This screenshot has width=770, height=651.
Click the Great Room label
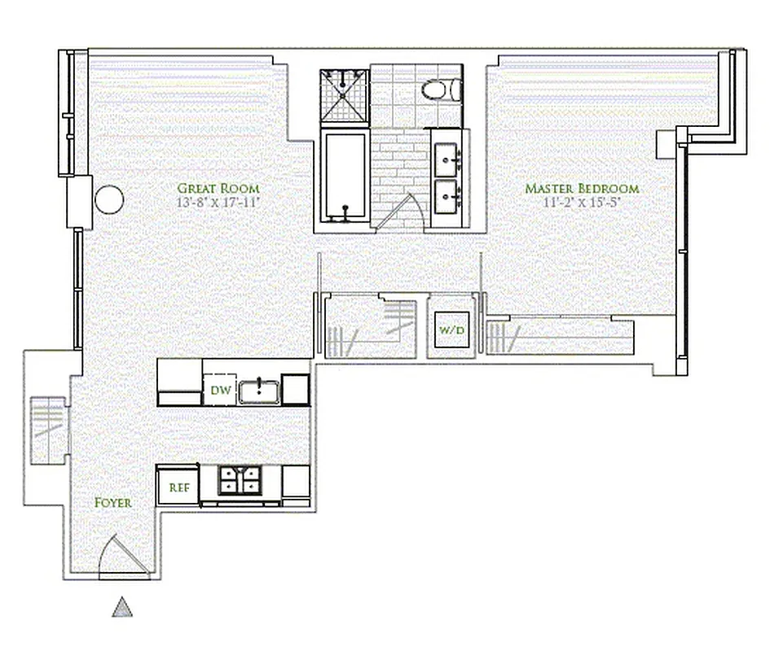click(218, 188)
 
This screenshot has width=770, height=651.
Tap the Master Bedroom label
click(581, 188)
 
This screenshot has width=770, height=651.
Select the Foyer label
click(112, 502)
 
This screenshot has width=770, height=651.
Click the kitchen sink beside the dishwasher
click(259, 391)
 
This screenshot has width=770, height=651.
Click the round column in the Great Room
click(109, 198)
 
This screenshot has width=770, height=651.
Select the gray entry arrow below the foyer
click(122, 607)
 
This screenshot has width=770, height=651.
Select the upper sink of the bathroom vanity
click(447, 155)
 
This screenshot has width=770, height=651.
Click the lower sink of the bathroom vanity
click(447, 196)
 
